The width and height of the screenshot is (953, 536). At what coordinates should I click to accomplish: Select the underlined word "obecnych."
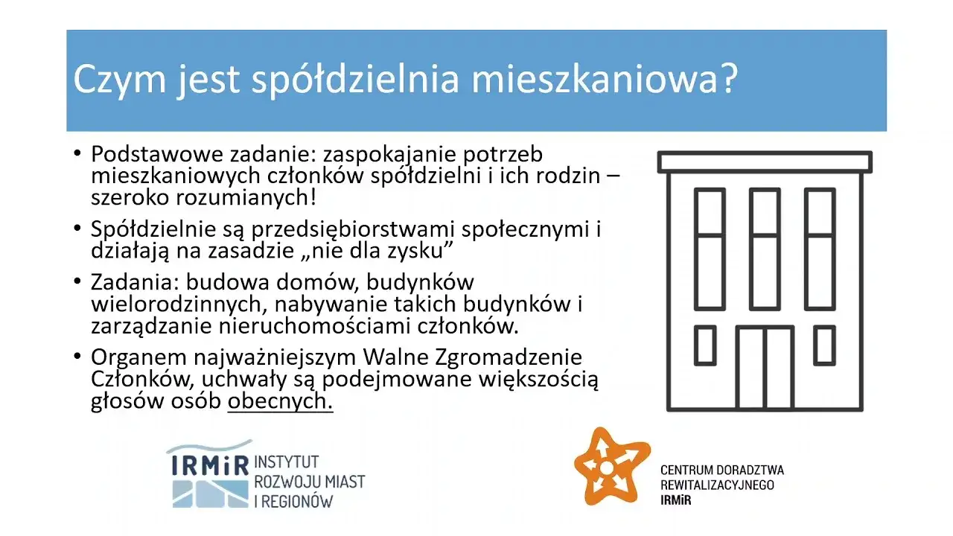[x=280, y=401]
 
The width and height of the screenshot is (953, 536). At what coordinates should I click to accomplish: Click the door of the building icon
[x=765, y=367]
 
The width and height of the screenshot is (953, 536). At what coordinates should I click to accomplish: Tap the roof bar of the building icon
[x=765, y=162]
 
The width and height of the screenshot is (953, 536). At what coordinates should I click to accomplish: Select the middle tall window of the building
[x=765, y=249]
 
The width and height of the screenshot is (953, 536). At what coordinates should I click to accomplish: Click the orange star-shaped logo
[x=607, y=467]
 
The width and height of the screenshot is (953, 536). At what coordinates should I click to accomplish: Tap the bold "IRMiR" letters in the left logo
[x=210, y=465]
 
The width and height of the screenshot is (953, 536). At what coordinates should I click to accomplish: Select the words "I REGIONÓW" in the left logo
[x=293, y=501]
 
